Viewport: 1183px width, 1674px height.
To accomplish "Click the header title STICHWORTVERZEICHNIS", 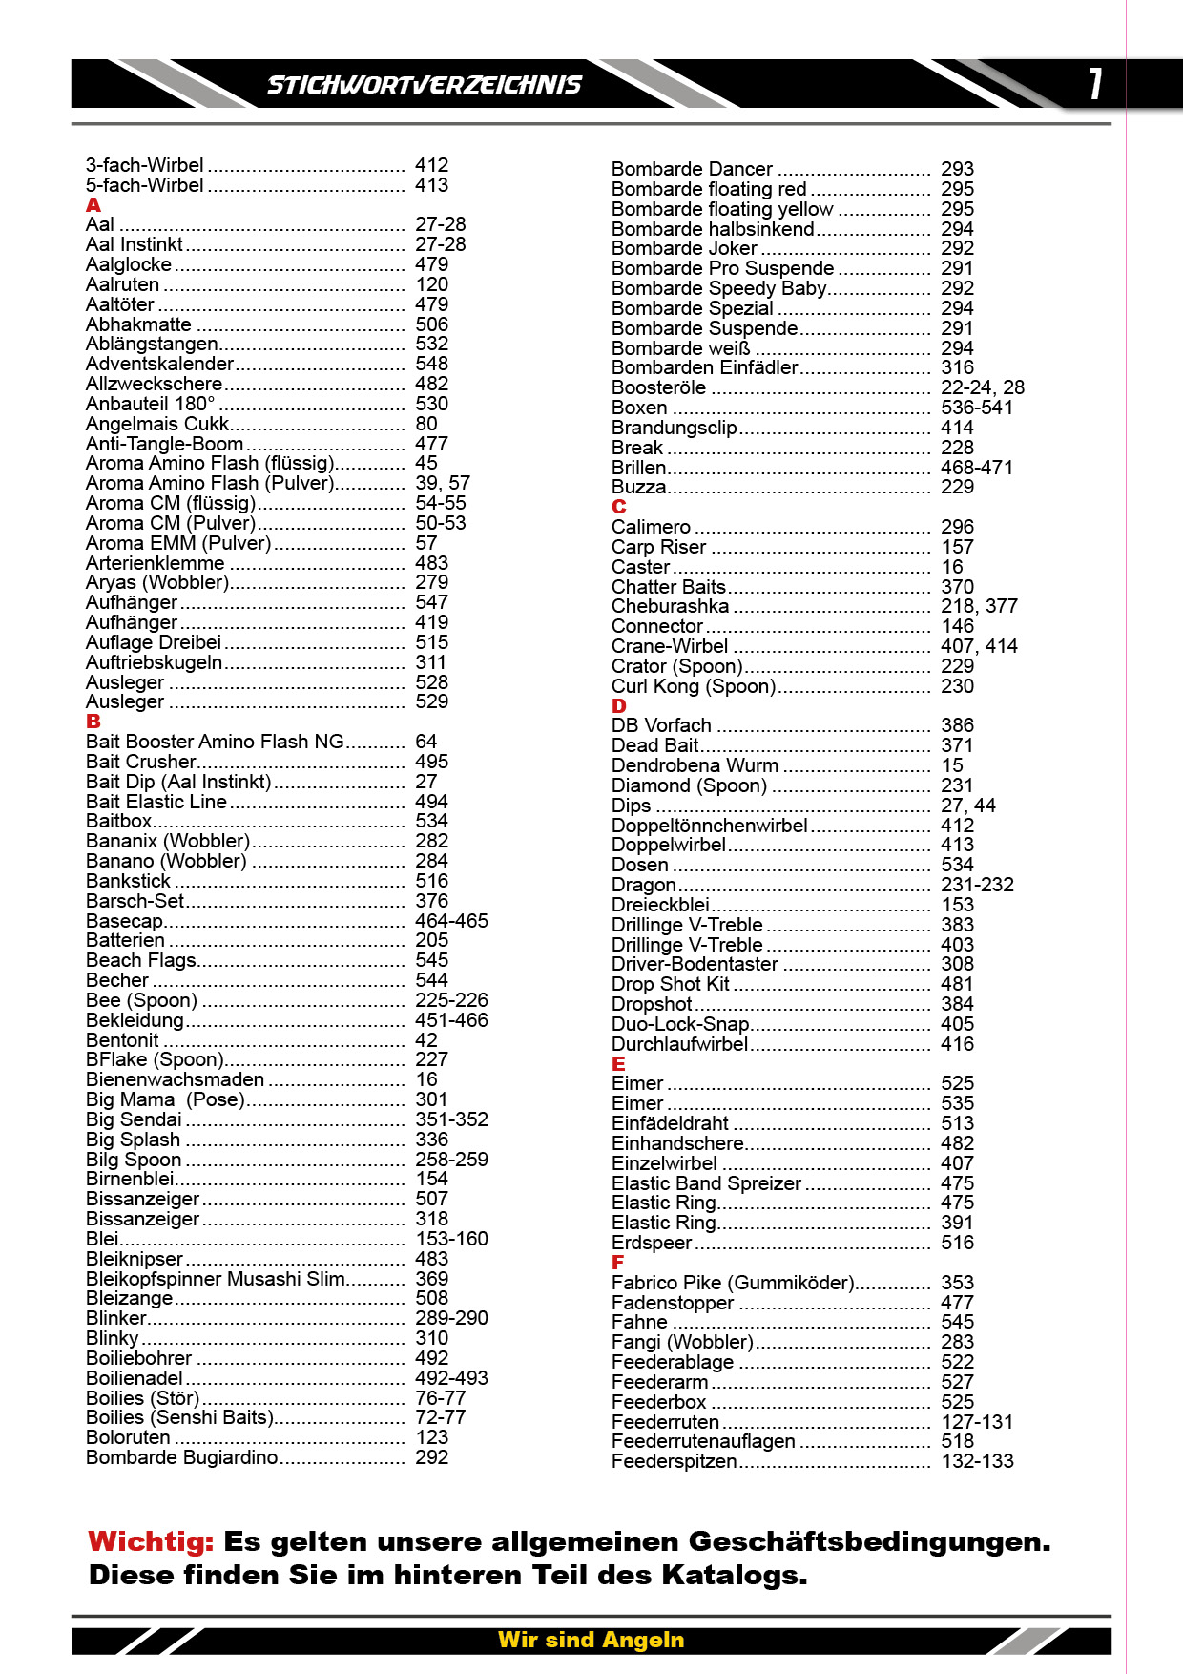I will tap(424, 85).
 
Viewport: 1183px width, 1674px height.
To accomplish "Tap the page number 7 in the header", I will tap(1096, 84).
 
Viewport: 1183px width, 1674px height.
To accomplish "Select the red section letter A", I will tap(93, 205).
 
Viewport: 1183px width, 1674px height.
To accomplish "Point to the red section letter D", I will tap(619, 706).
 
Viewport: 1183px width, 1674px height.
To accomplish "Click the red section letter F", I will tap(617, 1263).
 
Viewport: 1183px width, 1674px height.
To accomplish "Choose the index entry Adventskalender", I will tap(159, 364).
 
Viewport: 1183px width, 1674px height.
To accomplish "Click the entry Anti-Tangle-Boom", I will tap(164, 444).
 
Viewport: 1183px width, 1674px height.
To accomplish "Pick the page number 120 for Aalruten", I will tap(431, 284).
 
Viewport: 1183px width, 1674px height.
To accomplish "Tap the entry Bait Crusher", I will tap(140, 762).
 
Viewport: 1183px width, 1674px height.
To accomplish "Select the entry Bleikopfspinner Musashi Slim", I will tap(216, 1279).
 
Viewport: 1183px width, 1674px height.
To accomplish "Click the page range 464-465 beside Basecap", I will tap(451, 921).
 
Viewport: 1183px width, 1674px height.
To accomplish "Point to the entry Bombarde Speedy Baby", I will tap(718, 288).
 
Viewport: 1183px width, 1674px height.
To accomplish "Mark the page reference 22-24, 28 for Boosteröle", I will tap(982, 387).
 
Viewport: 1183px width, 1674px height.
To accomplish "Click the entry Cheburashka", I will tap(670, 606).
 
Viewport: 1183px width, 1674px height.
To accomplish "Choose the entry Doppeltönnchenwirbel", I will tap(709, 826).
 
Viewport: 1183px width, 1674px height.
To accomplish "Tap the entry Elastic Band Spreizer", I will tap(706, 1183).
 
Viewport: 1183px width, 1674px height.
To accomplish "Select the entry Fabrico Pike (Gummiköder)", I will tap(733, 1283).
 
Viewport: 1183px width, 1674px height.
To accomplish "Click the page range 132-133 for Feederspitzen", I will tap(977, 1461).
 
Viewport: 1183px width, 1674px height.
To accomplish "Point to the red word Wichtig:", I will tap(151, 1541).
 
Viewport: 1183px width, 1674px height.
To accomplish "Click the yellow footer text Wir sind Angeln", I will tap(591, 1640).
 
